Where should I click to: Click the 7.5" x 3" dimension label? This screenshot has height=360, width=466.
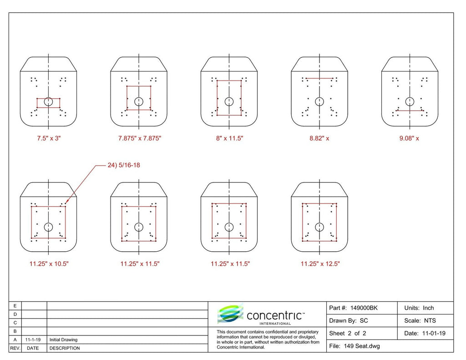[49, 138]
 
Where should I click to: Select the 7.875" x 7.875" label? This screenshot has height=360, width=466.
[140, 138]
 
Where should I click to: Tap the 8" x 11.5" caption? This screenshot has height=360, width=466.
[229, 138]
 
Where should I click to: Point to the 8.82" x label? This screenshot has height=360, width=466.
[319, 138]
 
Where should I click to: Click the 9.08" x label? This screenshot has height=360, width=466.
[409, 138]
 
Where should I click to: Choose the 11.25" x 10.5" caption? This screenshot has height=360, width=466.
[49, 264]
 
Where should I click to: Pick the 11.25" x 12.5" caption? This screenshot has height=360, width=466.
[320, 264]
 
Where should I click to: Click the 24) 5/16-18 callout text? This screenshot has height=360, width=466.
[124, 165]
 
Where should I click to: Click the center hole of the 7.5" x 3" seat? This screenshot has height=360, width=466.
[48, 101]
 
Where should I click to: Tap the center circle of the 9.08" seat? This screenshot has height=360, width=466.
[410, 101]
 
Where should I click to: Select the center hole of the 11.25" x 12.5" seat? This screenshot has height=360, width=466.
[319, 227]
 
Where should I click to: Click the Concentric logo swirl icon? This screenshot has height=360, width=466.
[230, 313]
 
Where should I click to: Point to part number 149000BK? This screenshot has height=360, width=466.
[364, 308]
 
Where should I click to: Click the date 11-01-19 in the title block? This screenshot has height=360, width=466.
[434, 333]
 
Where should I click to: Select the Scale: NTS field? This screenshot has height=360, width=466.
[420, 320]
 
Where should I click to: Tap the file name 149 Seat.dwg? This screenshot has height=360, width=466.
[362, 346]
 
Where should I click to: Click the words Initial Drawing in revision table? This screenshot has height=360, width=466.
[63, 340]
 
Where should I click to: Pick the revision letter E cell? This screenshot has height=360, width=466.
[15, 305]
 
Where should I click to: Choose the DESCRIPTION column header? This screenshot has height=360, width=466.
[65, 348]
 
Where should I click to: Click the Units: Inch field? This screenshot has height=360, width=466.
[419, 308]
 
